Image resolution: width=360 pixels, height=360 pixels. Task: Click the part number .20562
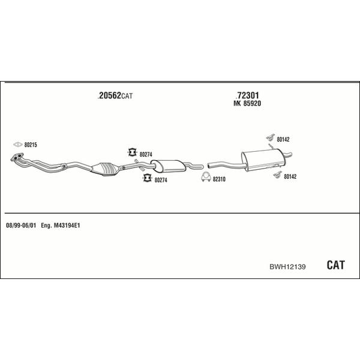point(109,95)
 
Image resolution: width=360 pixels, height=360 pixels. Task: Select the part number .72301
point(247,95)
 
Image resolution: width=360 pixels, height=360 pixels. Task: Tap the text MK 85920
point(247,104)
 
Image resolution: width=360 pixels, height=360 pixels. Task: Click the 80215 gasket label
point(31,145)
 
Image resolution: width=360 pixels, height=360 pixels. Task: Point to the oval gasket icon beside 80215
point(17,145)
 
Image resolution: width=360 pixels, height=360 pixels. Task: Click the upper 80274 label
point(146,155)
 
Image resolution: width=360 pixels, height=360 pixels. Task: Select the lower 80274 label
point(161,180)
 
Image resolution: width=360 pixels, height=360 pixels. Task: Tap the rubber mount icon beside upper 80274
point(132,152)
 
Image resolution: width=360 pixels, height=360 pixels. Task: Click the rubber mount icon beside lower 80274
point(147,178)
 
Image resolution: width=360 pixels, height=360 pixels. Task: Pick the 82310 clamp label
point(219,179)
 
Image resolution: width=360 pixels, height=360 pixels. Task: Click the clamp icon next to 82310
point(206,177)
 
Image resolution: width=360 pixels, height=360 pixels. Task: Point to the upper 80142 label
point(283,139)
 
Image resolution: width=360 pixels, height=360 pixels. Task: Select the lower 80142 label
point(290,176)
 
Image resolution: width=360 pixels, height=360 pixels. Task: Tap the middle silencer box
point(169,166)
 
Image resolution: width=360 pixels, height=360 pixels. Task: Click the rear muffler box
point(263,160)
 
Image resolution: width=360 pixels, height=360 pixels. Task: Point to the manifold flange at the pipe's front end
point(17,157)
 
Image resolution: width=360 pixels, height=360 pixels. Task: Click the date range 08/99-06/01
point(21,226)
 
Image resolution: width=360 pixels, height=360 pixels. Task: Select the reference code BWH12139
point(287,266)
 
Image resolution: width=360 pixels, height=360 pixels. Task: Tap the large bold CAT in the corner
point(335,265)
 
